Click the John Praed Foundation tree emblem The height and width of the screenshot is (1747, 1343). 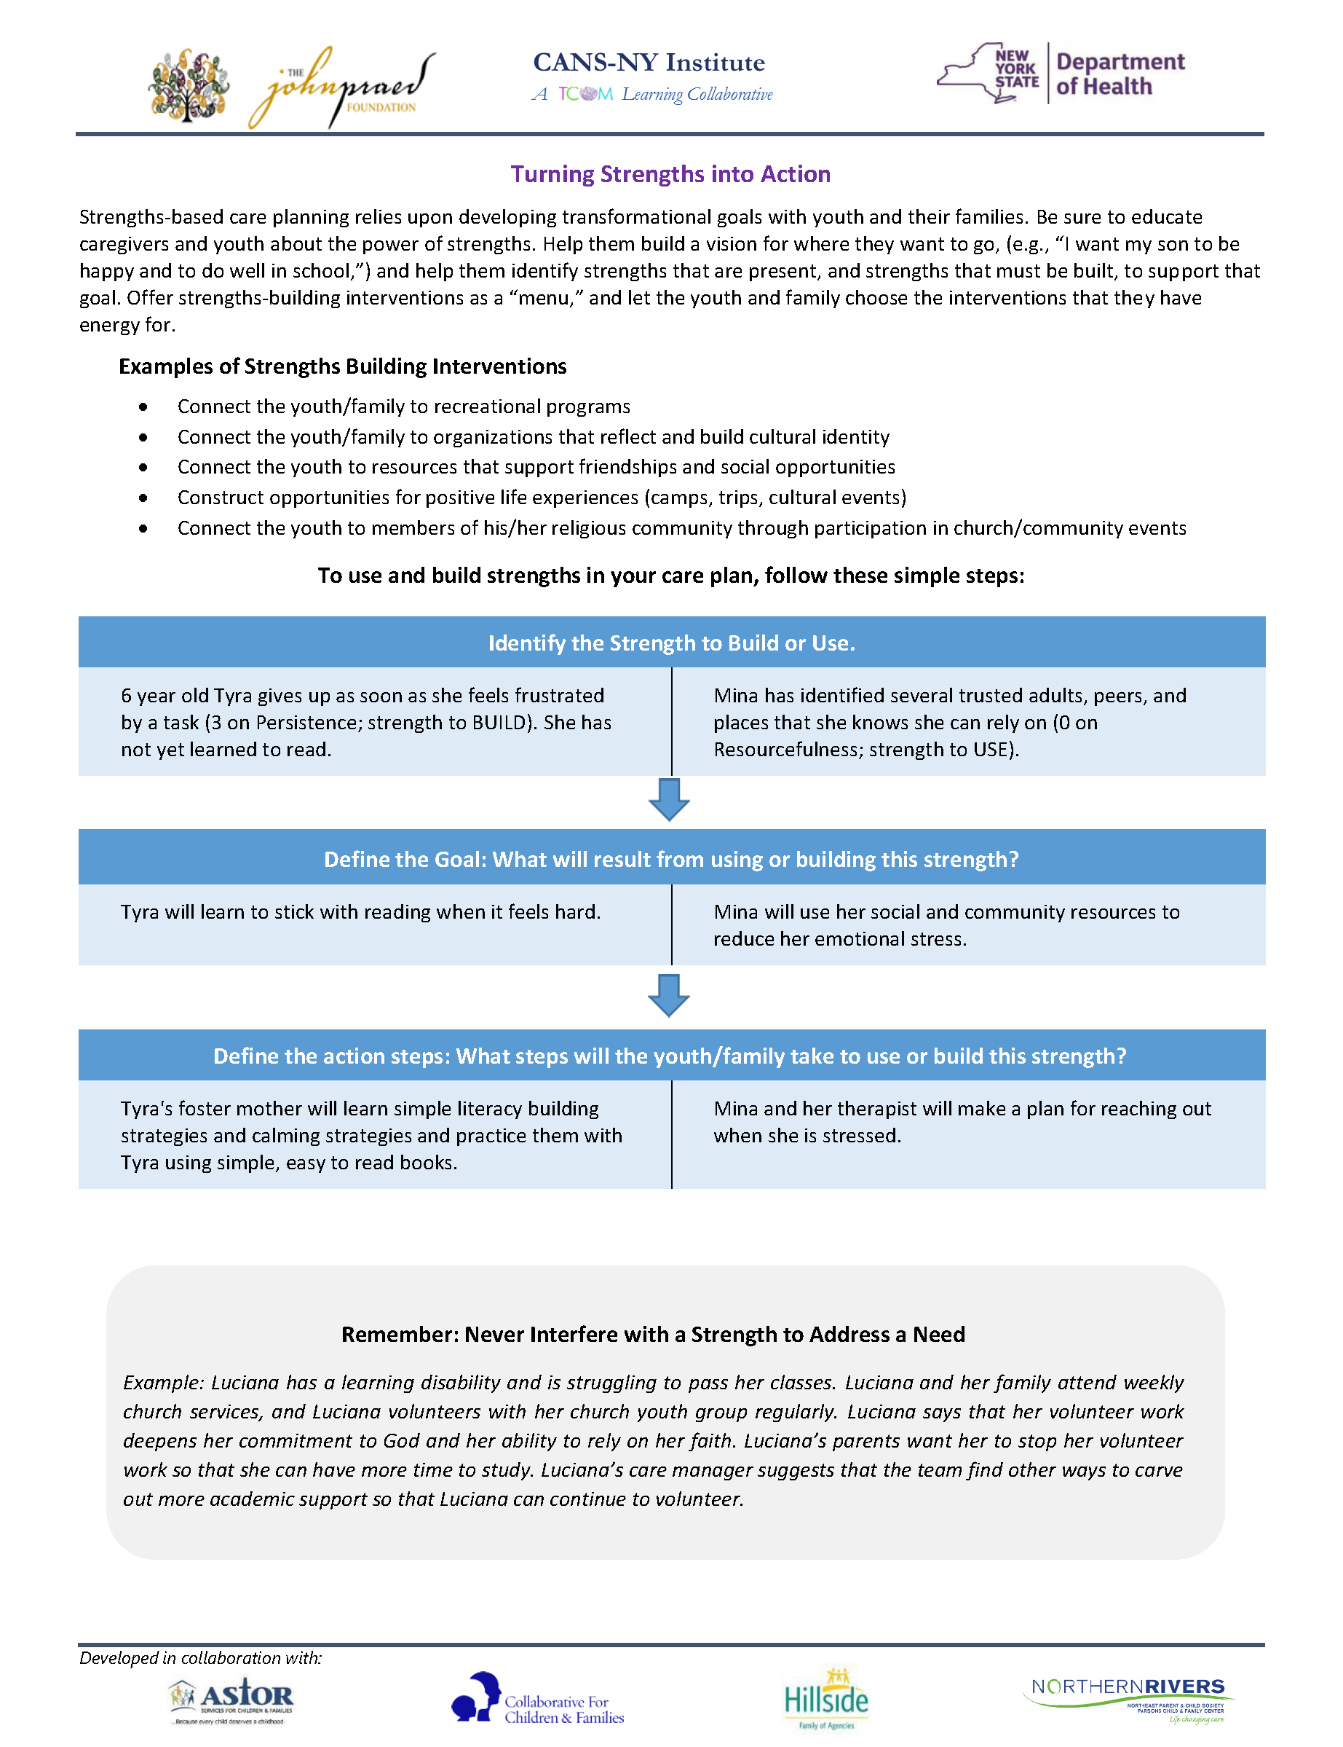click(189, 85)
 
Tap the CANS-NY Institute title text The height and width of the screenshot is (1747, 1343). click(649, 63)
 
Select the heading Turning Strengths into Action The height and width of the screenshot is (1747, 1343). click(670, 173)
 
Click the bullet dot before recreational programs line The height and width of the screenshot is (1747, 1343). click(143, 407)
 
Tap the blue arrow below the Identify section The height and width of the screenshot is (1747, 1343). click(669, 799)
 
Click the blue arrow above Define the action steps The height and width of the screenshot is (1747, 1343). click(669, 995)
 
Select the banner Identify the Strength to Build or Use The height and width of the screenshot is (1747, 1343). click(671, 643)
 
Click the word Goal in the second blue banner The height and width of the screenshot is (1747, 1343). click(459, 859)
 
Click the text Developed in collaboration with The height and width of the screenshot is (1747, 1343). click(201, 1658)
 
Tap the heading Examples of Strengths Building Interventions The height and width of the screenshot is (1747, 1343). click(342, 366)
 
